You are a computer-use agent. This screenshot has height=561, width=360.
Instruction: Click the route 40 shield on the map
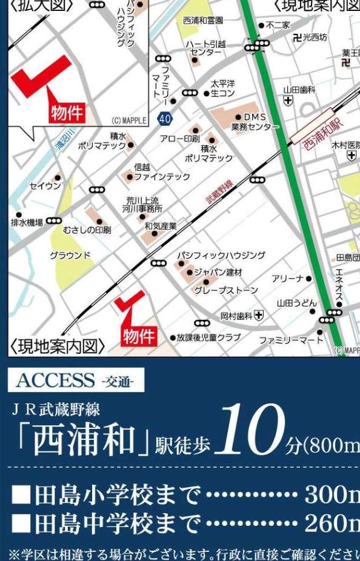[164, 119]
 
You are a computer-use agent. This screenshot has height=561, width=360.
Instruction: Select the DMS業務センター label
[255, 122]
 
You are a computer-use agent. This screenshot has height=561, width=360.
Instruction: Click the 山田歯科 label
[299, 89]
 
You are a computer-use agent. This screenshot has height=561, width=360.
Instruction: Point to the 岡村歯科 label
[236, 315]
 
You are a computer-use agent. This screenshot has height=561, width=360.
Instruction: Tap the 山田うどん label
[296, 302]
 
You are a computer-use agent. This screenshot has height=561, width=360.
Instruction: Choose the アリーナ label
[287, 278]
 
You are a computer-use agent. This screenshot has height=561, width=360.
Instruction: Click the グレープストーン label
[225, 291]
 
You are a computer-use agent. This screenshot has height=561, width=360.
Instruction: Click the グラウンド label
[70, 255]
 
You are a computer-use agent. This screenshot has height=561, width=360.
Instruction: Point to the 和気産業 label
[161, 226]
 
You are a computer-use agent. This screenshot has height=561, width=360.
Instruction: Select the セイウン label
[45, 185]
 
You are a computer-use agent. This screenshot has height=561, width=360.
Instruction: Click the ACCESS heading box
[76, 380]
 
